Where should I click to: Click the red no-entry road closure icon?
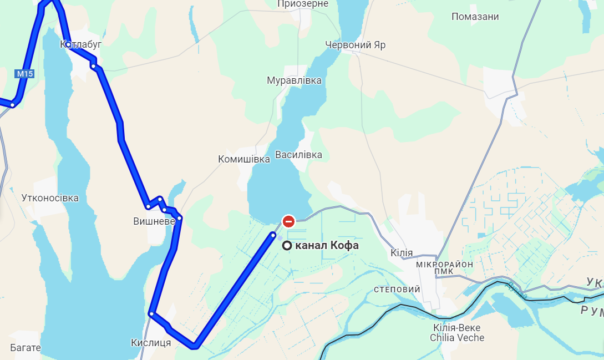[x=288, y=221]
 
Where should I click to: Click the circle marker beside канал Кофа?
[x=287, y=246]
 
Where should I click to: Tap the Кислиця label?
[x=151, y=343]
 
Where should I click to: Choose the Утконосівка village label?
[x=50, y=198]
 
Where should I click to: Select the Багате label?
[x=26, y=348]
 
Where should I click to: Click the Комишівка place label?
[x=243, y=159]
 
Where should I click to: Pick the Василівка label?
[x=298, y=155]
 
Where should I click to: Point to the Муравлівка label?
[x=294, y=80]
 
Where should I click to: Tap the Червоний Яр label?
[x=355, y=45]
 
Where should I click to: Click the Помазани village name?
[x=475, y=17]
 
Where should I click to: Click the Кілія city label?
[x=402, y=253]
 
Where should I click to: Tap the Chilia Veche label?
[x=459, y=338]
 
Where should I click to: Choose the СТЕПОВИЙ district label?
[x=397, y=290]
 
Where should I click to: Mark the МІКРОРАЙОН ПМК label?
[x=445, y=267]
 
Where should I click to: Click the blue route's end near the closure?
[x=273, y=235]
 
